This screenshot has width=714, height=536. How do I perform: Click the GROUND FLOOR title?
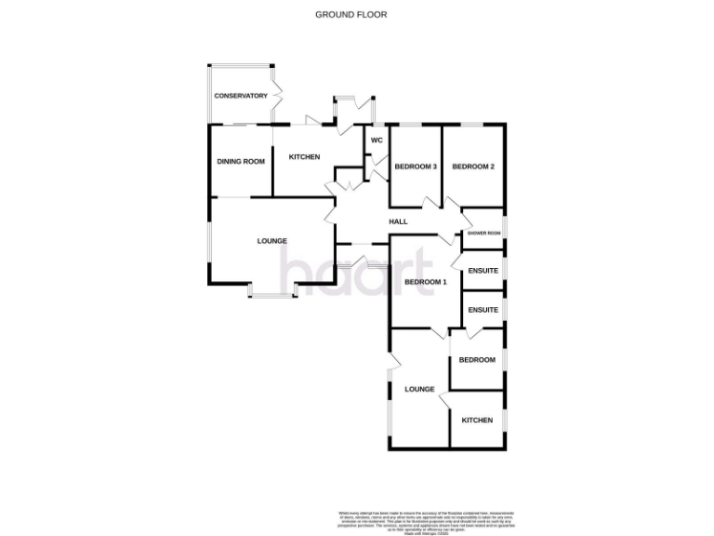tap(350, 15)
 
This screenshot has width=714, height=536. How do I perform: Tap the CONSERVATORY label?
tap(241, 96)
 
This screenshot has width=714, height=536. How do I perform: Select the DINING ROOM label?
tap(241, 161)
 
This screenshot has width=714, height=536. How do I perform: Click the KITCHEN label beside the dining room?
tap(304, 157)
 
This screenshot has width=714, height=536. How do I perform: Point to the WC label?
tap(377, 141)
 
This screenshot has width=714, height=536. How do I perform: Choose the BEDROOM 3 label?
tap(416, 167)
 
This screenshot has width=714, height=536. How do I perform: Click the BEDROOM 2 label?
tap(473, 167)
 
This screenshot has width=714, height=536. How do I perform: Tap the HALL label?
tap(399, 221)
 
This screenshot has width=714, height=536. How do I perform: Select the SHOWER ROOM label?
tap(483, 233)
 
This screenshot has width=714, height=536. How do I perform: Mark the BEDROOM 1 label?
tap(426, 282)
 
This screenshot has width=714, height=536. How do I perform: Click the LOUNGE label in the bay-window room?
tap(272, 241)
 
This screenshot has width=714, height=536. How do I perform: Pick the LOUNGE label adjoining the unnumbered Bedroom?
tap(420, 389)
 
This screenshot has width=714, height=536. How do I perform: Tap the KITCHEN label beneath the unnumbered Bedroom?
tap(477, 421)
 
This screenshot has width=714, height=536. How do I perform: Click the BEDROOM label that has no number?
tap(477, 360)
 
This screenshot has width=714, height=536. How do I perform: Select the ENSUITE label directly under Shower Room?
tap(483, 271)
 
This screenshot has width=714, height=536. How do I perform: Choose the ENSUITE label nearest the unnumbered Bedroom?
tap(483, 309)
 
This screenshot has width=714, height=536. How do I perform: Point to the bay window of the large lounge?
tap(272, 295)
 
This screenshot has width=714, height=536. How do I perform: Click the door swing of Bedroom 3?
tap(430, 202)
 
